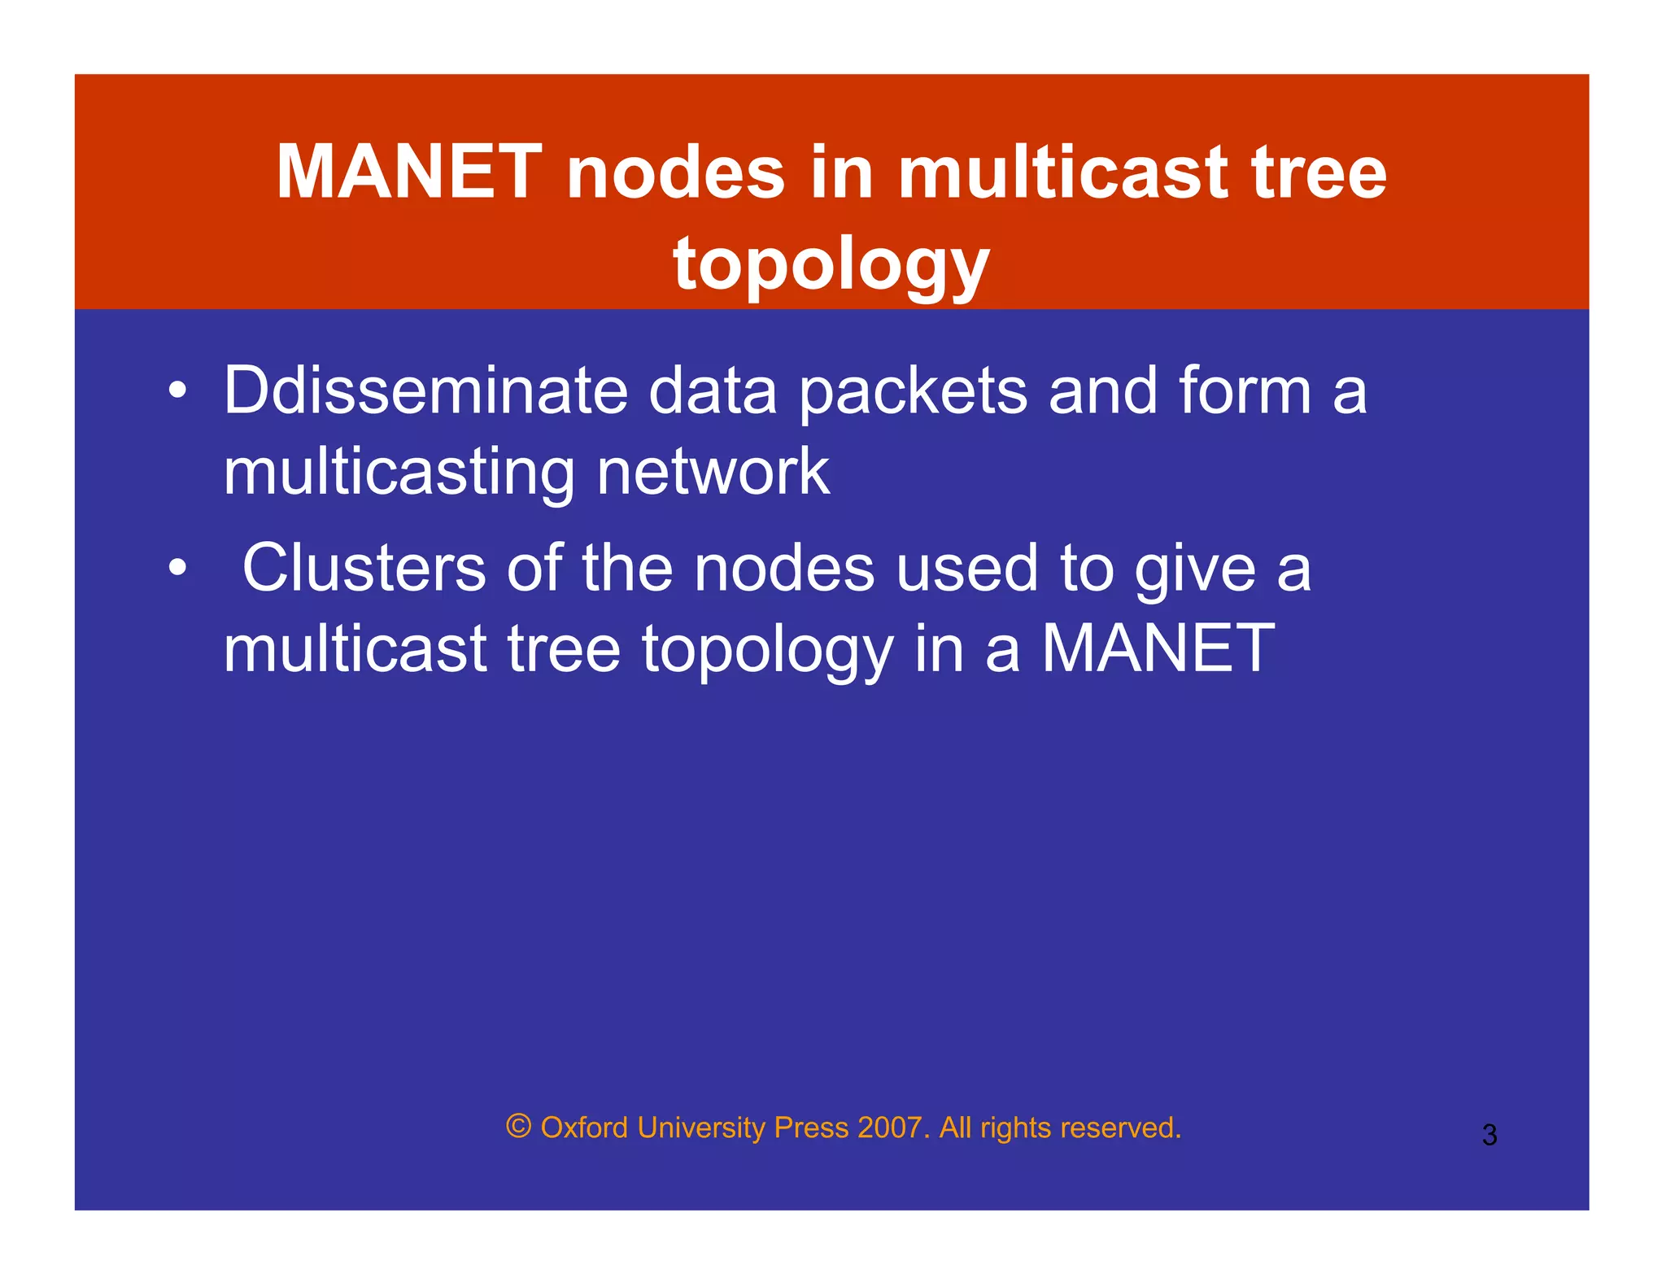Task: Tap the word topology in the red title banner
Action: pyautogui.click(x=831, y=264)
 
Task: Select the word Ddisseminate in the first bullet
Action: pyautogui.click(x=425, y=391)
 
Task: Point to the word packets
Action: pyautogui.click(x=913, y=391)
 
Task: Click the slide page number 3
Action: pyautogui.click(x=1489, y=1135)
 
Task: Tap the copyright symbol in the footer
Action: pyautogui.click(x=518, y=1127)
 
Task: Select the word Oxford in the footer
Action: pyautogui.click(x=584, y=1128)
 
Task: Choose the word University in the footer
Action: pyautogui.click(x=701, y=1128)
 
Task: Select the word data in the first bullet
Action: pyautogui.click(x=713, y=391)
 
